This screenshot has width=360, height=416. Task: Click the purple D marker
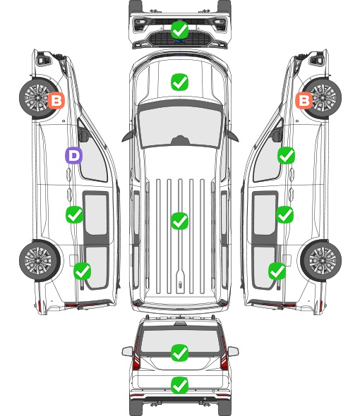coord(73,155)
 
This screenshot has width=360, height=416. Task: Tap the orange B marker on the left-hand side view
coord(56,100)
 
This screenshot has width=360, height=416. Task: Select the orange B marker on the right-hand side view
coord(304,100)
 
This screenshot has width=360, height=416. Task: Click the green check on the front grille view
coord(179,30)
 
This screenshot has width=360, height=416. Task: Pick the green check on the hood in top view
coord(179,82)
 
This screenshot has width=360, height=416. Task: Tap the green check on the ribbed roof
coord(179,221)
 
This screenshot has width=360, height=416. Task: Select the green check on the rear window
coord(179,353)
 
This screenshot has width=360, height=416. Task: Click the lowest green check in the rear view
coord(179,385)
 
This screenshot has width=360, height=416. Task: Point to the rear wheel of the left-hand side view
coord(40,261)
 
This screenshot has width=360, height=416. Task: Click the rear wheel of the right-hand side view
coord(321,261)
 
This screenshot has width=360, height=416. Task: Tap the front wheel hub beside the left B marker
coord(37,97)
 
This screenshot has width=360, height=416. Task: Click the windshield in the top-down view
coord(179,126)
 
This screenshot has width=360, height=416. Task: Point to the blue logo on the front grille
coord(179,41)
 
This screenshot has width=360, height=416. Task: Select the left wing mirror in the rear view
coord(127,351)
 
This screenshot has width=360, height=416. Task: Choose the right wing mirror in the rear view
coord(233,351)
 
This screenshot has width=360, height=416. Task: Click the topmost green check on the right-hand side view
coord(286,155)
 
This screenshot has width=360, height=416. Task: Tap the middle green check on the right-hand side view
coord(284,214)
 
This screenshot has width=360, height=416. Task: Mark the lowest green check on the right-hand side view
coord(277,271)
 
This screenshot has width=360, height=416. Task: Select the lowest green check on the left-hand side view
coord(82,271)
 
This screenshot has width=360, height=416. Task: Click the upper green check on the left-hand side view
coord(74,214)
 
